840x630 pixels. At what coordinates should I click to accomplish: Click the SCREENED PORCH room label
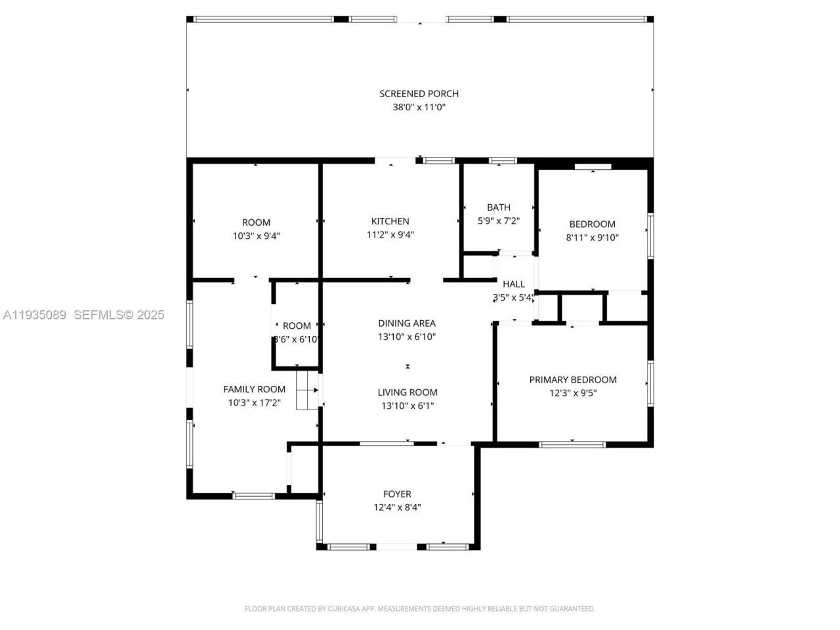click(x=419, y=94)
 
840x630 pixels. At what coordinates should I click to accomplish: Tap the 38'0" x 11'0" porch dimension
click(x=419, y=108)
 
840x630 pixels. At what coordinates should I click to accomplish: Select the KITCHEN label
click(x=390, y=221)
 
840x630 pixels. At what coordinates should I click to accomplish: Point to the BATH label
click(x=499, y=207)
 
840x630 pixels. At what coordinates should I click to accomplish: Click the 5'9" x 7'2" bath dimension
click(x=499, y=221)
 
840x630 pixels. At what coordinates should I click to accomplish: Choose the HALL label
click(x=514, y=284)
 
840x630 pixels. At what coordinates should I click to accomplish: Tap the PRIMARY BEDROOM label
click(x=573, y=379)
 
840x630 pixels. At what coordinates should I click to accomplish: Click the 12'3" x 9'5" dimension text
click(x=573, y=393)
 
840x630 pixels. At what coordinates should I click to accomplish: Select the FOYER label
click(x=397, y=493)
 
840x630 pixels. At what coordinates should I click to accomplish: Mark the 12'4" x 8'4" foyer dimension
click(x=397, y=507)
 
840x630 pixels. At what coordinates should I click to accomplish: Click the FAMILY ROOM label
click(x=254, y=389)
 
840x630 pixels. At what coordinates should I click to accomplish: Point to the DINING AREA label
click(x=407, y=323)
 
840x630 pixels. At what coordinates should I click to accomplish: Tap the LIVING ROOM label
click(x=408, y=392)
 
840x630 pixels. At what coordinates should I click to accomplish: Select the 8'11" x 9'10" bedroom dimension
click(x=593, y=238)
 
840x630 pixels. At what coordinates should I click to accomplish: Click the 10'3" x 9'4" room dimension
click(x=256, y=236)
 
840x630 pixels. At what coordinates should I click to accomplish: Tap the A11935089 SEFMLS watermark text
click(x=83, y=315)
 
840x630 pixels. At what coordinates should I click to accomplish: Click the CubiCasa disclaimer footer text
click(x=420, y=609)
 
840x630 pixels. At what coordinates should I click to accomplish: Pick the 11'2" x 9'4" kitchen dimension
click(x=390, y=235)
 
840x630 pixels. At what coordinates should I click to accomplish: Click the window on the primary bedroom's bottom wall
click(x=572, y=444)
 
